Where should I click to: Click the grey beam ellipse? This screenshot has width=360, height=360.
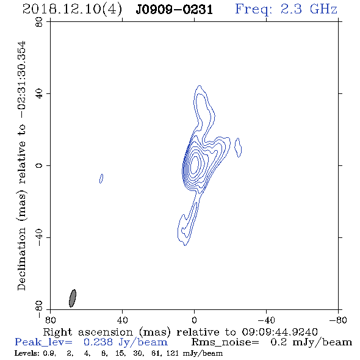[x=73, y=298]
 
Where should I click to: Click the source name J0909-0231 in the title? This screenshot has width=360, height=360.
[x=175, y=10]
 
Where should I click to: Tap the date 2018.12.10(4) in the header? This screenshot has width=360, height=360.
[x=72, y=10]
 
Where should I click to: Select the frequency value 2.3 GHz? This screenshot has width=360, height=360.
[x=309, y=9]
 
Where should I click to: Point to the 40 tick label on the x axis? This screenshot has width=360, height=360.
[x=122, y=320]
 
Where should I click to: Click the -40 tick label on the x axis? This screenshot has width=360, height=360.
[x=266, y=320]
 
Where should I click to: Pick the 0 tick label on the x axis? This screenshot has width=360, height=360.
[x=194, y=320]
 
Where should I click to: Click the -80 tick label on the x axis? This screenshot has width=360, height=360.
[x=338, y=320]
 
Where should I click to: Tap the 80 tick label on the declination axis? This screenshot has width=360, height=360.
[x=39, y=22]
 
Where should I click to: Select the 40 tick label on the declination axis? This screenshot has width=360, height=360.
[x=39, y=94]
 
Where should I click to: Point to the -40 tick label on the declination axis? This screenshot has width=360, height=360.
[x=39, y=237]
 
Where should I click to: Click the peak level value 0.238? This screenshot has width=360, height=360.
[x=98, y=342]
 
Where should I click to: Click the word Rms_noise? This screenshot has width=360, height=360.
[x=225, y=342]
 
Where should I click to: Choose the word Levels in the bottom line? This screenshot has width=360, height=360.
[x=26, y=353]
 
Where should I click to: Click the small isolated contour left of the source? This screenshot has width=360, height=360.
[x=101, y=179]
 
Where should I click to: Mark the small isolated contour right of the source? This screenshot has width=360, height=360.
[x=238, y=148]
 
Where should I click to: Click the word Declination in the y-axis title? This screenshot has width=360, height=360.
[x=21, y=259]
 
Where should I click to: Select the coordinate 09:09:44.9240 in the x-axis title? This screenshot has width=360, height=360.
[x=279, y=332]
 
